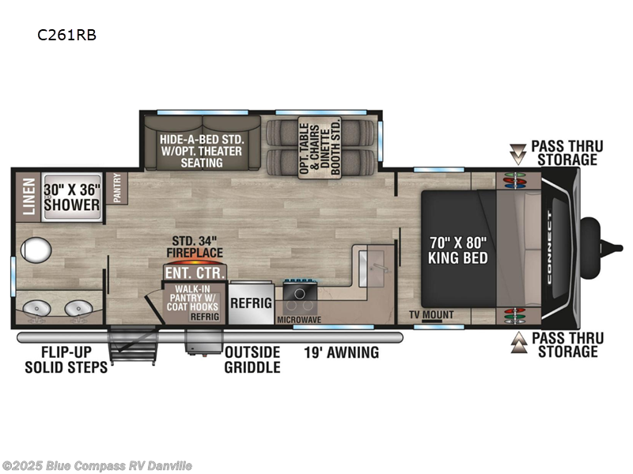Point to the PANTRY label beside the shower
(x=116, y=190)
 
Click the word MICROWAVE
(x=298, y=319)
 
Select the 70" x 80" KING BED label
(x=457, y=249)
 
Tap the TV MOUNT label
(x=431, y=314)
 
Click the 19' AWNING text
(x=342, y=352)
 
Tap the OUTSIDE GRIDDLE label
(x=252, y=359)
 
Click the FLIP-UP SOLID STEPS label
(x=65, y=360)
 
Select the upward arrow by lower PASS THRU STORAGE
(x=517, y=342)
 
